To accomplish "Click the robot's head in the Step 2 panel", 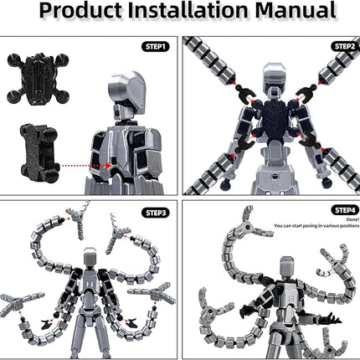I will click(x=272, y=79).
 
